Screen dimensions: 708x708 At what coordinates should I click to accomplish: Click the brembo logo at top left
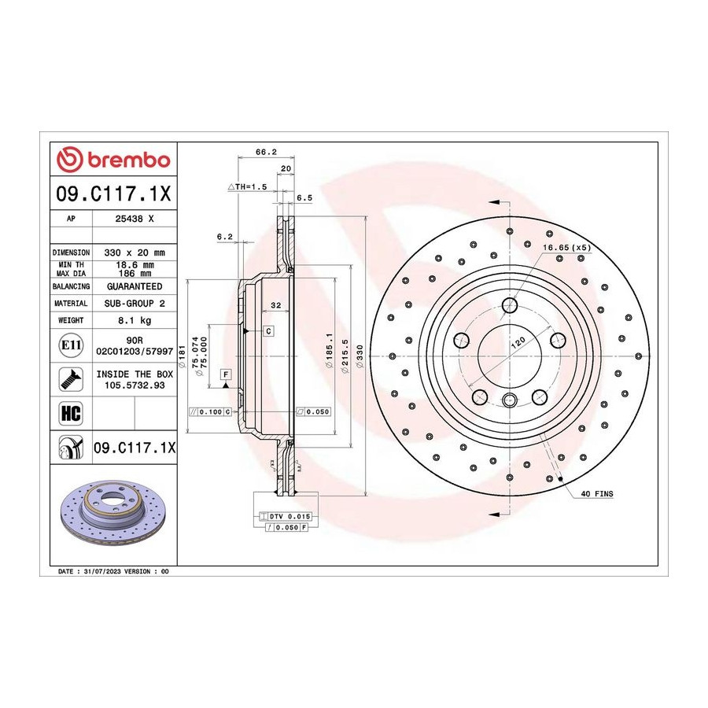pyautogui.click(x=113, y=160)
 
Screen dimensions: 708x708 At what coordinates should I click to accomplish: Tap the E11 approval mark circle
pyautogui.click(x=71, y=345)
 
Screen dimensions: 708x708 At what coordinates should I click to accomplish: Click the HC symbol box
pyautogui.click(x=71, y=413)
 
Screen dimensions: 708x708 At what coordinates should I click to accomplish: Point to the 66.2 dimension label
pyautogui.click(x=266, y=152)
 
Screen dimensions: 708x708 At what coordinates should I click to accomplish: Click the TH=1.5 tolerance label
pyautogui.click(x=248, y=186)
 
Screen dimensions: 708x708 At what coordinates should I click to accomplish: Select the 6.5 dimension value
pyautogui.click(x=304, y=197)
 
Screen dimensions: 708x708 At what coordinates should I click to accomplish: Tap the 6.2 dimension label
pyautogui.click(x=224, y=236)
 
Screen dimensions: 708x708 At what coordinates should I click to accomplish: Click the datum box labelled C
pyautogui.click(x=268, y=331)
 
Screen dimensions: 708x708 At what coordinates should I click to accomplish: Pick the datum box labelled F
pyautogui.click(x=226, y=374)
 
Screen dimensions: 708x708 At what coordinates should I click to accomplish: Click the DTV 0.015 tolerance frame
pyautogui.click(x=286, y=516)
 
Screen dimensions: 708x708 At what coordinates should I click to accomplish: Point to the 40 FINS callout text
pyautogui.click(x=597, y=494)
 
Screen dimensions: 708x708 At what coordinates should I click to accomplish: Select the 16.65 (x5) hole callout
pyautogui.click(x=566, y=248)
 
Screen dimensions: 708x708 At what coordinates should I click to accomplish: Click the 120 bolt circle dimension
pyautogui.click(x=518, y=342)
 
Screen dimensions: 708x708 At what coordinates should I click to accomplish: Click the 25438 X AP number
pyautogui.click(x=135, y=219)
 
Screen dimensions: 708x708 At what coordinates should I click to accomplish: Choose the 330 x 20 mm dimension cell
pyautogui.click(x=135, y=253)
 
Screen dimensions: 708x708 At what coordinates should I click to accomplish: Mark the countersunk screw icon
pyautogui.click(x=71, y=379)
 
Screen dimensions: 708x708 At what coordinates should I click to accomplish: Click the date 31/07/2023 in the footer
pyautogui.click(x=102, y=571)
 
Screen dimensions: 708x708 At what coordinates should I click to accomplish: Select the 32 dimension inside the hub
pyautogui.click(x=275, y=305)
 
